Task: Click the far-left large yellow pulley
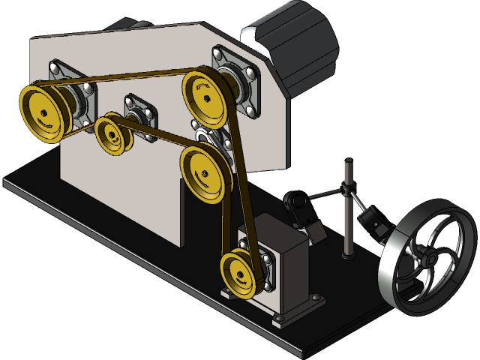click(x=41, y=113)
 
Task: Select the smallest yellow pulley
click(x=112, y=134)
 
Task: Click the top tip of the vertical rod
click(x=348, y=160)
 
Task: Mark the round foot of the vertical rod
click(x=348, y=257)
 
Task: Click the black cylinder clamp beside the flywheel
click(x=373, y=222)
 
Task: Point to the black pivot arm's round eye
click(x=294, y=201)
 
